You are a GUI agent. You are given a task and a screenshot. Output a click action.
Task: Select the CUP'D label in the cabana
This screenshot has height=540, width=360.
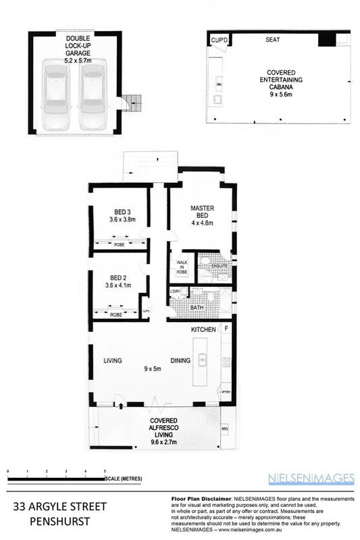click(220, 41)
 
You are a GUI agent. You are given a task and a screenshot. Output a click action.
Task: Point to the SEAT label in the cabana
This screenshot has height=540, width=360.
click(273, 40)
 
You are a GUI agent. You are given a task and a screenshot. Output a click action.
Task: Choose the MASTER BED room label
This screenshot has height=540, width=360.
click(202, 211)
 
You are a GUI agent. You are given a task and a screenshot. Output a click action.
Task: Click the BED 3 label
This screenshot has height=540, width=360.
click(122, 213)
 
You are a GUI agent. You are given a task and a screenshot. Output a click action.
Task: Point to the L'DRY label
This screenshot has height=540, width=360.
click(176, 291)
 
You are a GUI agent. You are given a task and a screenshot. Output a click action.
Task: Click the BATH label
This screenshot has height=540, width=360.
click(197, 307)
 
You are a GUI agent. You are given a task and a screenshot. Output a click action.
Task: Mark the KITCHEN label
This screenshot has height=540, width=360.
click(203, 329)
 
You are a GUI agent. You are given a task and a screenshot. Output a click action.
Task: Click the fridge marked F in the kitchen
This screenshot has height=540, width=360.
click(226, 329)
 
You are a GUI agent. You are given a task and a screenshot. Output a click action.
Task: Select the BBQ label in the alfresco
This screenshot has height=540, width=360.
click(224, 429)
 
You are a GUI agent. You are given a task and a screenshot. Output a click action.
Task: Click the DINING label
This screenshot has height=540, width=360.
click(180, 360)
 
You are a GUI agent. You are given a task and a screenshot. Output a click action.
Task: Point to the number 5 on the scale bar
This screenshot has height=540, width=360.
click(105, 470)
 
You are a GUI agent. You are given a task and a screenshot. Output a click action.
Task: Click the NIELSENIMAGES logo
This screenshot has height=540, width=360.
click(312, 478)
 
